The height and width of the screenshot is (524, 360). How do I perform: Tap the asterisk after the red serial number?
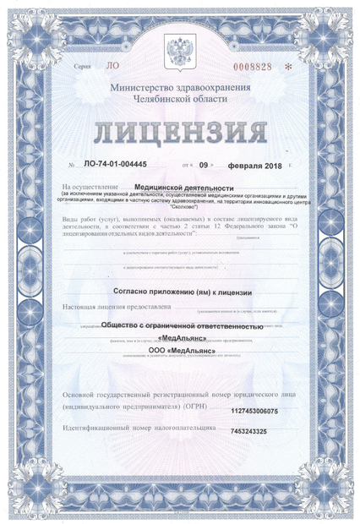287,66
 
